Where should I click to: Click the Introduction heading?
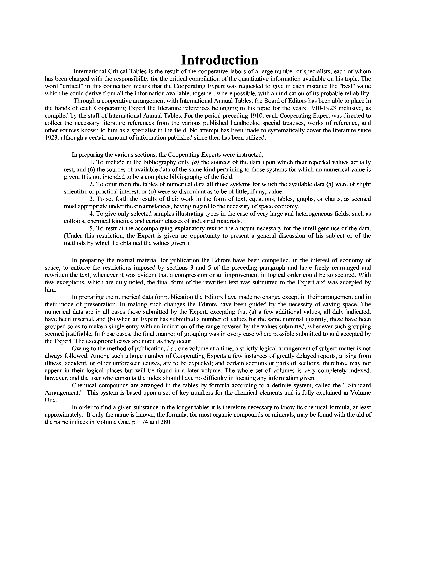click(x=220, y=60)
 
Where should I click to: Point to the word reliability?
click(x=356, y=93)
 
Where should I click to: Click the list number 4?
click(x=91, y=214)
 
